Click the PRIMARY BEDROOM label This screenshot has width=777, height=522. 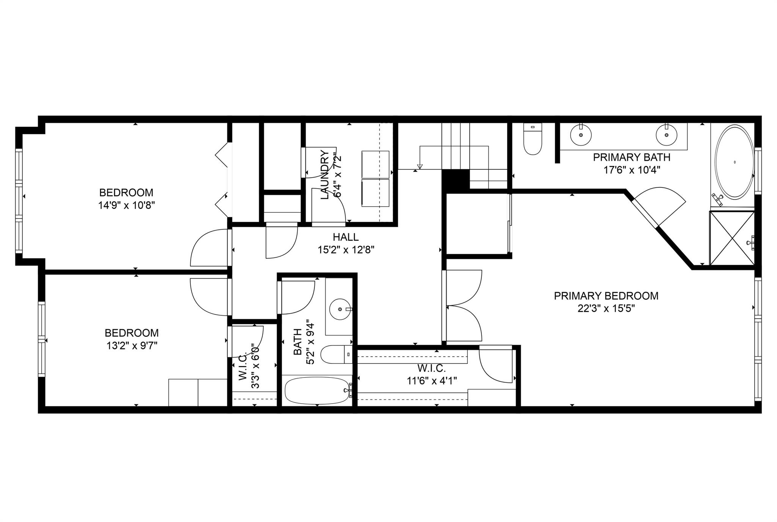tap(606, 296)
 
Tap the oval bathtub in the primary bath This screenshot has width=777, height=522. tap(735, 162)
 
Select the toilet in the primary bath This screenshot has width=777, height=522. tap(532, 139)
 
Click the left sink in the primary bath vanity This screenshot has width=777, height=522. tap(580, 134)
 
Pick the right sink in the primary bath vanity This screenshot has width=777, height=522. tap(666, 134)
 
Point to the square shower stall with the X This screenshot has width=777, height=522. tap(732, 238)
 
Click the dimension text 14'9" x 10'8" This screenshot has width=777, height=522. tap(126, 206)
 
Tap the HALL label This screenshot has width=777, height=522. tap(346, 237)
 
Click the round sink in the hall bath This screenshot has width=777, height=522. tap(340, 310)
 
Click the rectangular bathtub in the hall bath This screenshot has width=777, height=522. tap(317, 390)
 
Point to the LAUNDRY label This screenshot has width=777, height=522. tap(325, 175)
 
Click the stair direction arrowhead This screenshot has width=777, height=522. tap(420, 167)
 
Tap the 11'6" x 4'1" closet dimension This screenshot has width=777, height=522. tap(432, 380)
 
